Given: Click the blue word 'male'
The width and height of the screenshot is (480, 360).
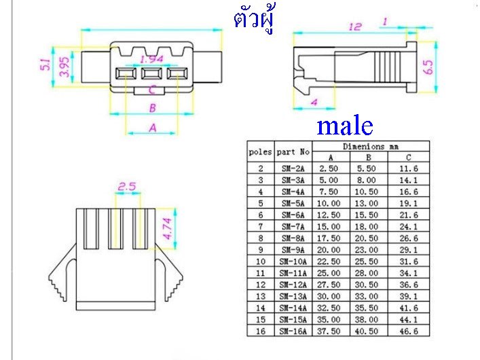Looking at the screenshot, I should pos(345,126).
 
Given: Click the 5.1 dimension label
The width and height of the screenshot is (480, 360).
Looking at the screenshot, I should pos(45,65).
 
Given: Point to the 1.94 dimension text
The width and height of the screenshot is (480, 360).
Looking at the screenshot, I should pos(151,60).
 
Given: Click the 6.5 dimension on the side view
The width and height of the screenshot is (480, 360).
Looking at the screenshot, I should pos(428,67).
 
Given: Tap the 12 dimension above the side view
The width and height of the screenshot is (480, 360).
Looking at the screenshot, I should pos(354,26).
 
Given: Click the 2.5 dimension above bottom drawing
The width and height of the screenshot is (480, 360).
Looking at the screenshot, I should pos(127,186).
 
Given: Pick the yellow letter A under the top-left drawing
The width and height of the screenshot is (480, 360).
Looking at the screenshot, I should pos(152,127).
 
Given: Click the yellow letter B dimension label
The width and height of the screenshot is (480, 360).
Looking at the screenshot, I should pos(153,108).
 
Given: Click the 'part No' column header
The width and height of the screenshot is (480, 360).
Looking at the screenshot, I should pos(293,151).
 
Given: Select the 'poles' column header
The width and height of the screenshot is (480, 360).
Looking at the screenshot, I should pos(261,151).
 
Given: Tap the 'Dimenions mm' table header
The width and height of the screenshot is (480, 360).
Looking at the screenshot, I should pos(371,146).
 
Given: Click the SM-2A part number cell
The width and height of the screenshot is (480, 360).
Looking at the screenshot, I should pos(293,168).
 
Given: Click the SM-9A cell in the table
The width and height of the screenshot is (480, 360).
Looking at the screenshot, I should pos(293,249).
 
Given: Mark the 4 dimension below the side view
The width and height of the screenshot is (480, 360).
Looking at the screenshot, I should pos(314,102).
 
